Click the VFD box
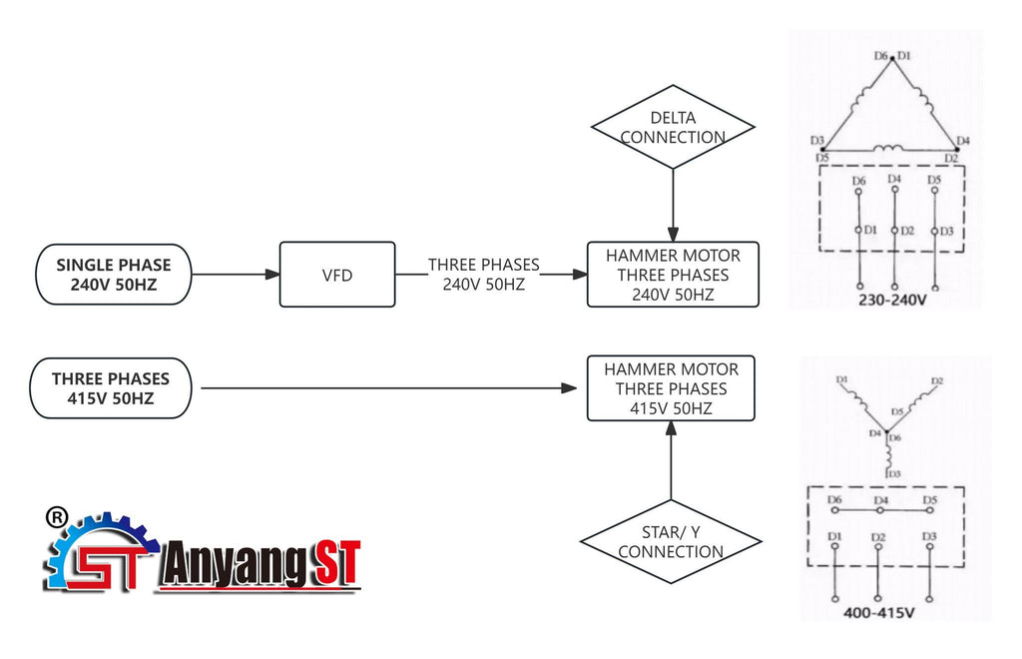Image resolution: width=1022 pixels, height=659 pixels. [337, 274]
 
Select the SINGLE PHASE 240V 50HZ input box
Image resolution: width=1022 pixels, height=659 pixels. [113, 275]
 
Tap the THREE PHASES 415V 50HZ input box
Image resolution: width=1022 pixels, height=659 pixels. [111, 388]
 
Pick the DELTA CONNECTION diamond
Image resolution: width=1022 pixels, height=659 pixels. [673, 128]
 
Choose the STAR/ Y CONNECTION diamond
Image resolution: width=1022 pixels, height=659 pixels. [670, 542]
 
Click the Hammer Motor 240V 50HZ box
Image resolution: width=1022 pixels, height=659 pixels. [672, 275]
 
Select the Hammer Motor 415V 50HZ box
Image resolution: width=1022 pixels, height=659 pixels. [670, 388]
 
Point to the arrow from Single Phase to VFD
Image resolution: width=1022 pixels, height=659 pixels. [234, 274]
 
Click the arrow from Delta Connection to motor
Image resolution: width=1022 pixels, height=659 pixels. [673, 205]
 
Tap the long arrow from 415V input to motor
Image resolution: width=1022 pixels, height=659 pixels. [389, 388]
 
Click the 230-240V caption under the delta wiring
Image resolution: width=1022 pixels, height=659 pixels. [893, 298]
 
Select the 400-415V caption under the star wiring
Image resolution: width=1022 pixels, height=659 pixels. [878, 612]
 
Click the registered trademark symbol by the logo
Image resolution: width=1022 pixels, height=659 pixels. [57, 517]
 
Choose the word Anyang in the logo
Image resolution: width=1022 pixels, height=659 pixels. [231, 565]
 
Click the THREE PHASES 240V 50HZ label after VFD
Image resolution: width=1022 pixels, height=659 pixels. [484, 274]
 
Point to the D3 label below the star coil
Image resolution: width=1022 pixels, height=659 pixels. [895, 473]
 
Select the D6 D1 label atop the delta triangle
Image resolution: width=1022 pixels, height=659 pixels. [892, 56]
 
